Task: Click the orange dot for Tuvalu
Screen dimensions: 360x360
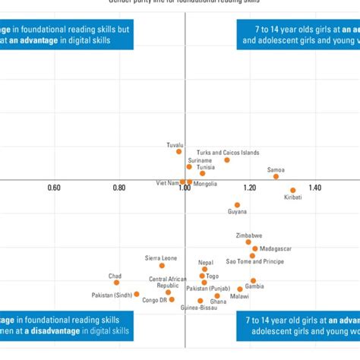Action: (x=179, y=151)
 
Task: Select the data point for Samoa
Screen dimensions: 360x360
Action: (x=276, y=176)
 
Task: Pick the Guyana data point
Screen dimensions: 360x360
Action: (x=237, y=205)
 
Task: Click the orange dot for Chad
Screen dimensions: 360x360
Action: (x=116, y=283)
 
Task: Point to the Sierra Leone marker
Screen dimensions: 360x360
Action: (x=162, y=266)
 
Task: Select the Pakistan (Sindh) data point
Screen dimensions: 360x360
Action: (x=137, y=294)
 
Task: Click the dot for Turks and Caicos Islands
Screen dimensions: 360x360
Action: (x=227, y=159)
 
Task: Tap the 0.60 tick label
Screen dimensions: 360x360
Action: (x=55, y=188)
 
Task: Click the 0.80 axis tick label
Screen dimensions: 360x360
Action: (x=119, y=188)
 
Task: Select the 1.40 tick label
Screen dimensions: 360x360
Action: (x=314, y=188)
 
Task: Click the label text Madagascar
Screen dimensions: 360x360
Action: (x=275, y=248)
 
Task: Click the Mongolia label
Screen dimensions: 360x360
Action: (x=205, y=184)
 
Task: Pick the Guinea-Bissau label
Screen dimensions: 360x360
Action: (x=176, y=308)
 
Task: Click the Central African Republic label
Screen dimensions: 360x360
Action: (x=168, y=283)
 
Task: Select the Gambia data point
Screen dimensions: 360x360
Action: (x=253, y=281)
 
